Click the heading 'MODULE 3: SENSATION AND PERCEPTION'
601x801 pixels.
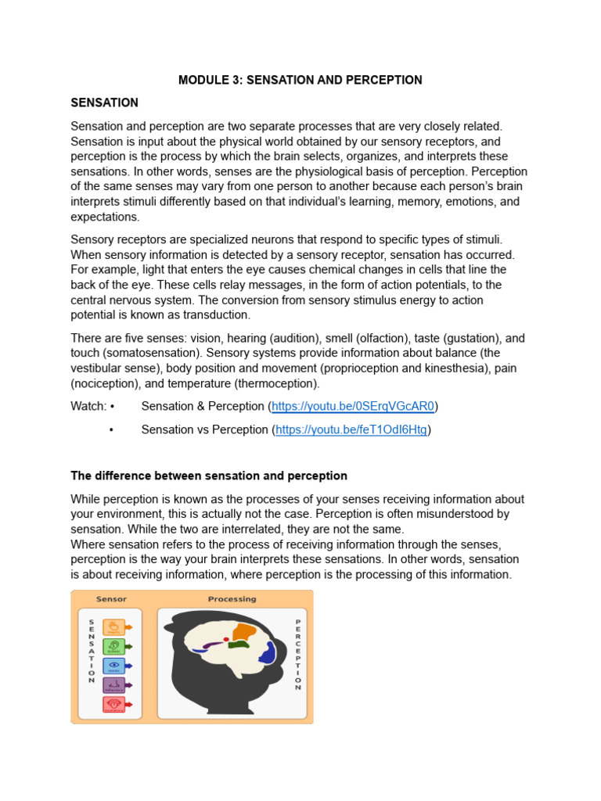pyautogui.click(x=300, y=80)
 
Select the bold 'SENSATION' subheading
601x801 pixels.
pyautogui.click(x=104, y=102)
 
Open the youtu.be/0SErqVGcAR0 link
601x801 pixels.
pyautogui.click(x=352, y=406)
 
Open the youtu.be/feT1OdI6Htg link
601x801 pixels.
pyautogui.click(x=351, y=429)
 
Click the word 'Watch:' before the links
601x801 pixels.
pyautogui.click(x=88, y=406)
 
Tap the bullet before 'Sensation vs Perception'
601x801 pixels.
pyautogui.click(x=113, y=429)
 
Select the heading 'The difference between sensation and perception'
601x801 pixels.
pyautogui.click(x=209, y=476)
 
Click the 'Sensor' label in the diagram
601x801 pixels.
pyautogui.click(x=111, y=599)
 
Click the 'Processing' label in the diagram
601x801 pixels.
pyautogui.click(x=232, y=599)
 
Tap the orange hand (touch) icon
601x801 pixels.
pyautogui.click(x=114, y=627)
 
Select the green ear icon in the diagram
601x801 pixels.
pyautogui.click(x=114, y=647)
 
